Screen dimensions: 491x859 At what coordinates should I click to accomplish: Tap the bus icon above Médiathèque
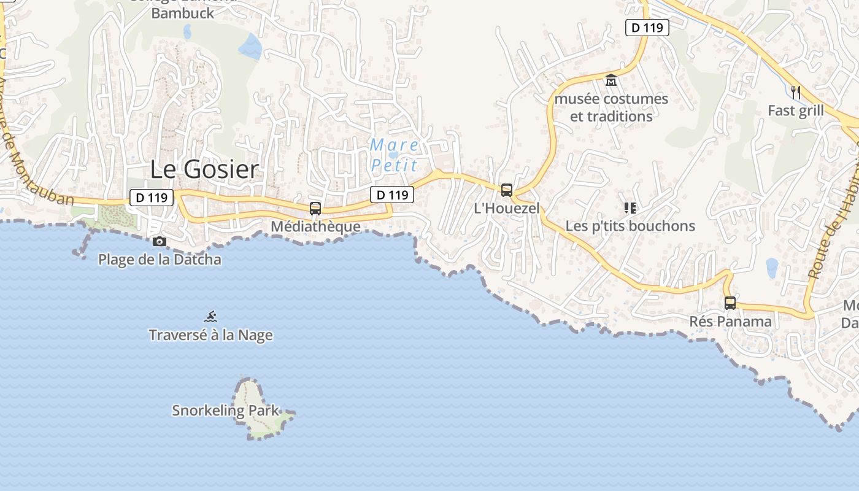coord(315,208)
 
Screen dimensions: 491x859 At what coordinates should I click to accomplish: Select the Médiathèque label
coord(315,226)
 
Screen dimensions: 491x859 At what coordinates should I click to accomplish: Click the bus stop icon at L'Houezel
coord(506,190)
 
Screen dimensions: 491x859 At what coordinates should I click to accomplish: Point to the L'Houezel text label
coord(507,208)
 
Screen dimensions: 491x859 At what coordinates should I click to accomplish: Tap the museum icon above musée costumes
coord(611,80)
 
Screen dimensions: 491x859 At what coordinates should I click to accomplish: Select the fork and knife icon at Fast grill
coord(796,93)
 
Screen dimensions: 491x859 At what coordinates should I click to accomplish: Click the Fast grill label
coord(796,110)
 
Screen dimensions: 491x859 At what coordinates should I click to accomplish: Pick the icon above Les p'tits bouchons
coord(630,208)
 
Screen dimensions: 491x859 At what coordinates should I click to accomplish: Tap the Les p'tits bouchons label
coord(630,226)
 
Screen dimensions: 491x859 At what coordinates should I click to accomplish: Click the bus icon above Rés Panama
coord(730,303)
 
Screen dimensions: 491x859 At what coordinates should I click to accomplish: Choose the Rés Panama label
coord(730,321)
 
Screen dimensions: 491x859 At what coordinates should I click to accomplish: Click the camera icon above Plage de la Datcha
coord(160,241)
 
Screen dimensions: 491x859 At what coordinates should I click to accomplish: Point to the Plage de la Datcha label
coord(160,259)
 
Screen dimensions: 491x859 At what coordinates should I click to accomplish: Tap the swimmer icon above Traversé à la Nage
coord(210,317)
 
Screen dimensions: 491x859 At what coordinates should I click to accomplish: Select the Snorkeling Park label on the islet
coord(225,411)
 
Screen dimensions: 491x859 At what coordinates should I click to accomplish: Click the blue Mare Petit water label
coord(394,155)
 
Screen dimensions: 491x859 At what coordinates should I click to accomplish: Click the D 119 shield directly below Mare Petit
coord(392,195)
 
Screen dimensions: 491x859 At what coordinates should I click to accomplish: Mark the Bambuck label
coord(182,13)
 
